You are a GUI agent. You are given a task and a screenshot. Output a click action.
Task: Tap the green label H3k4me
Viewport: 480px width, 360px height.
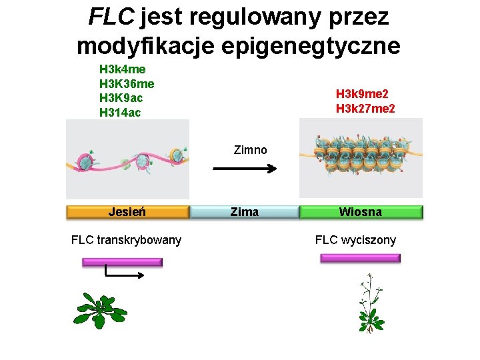pos(123,69)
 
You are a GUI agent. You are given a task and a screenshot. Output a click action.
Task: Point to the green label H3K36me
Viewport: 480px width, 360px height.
pos(127,83)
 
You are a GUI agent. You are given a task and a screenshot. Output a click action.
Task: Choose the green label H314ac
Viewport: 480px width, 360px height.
pos(120,113)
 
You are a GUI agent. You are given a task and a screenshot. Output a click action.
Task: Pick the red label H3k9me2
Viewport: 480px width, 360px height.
pos(362,94)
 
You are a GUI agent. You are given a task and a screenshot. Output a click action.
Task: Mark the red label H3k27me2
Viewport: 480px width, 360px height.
pos(365,108)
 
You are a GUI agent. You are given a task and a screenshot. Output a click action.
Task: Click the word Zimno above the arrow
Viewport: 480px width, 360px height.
pos(251,150)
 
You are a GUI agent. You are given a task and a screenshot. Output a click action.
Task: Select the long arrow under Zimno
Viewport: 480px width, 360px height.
pos(244,169)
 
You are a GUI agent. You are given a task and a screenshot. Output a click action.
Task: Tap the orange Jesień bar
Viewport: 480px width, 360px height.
pos(127,212)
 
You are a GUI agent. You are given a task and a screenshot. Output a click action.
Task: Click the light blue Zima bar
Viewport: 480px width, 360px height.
pos(244,212)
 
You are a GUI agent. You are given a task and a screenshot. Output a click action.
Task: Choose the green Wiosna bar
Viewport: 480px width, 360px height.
pos(361,212)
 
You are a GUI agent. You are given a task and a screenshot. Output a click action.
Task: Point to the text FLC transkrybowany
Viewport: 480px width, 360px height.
pos(126,240)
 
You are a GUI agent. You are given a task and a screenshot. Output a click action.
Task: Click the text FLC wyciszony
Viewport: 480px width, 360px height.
pos(355,240)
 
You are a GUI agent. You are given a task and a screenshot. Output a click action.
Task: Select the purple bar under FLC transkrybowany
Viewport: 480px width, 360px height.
pos(122,262)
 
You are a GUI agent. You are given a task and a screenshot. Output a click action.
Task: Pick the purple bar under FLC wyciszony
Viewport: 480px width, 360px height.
pos(361,258)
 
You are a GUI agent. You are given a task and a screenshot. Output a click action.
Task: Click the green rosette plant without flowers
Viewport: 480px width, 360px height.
pos(99,310)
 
